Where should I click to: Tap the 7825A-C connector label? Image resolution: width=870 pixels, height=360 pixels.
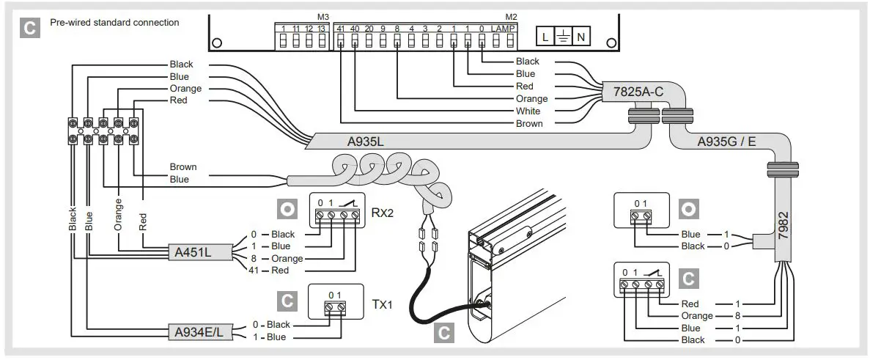[633, 92]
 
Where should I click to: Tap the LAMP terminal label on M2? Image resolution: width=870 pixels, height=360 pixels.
[504, 28]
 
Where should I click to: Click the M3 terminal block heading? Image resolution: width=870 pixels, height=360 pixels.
[323, 16]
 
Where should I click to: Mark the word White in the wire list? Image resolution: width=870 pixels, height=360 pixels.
[528, 111]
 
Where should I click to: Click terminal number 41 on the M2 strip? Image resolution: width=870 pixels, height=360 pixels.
[339, 28]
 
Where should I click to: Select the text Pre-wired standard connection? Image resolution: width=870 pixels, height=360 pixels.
[114, 23]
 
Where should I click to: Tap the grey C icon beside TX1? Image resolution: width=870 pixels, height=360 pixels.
[287, 301]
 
